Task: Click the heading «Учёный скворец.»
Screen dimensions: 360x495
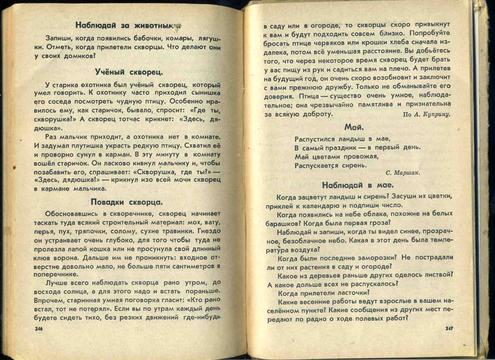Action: (x=124, y=71)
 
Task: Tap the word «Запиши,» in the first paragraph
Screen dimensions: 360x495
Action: (x=60, y=38)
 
